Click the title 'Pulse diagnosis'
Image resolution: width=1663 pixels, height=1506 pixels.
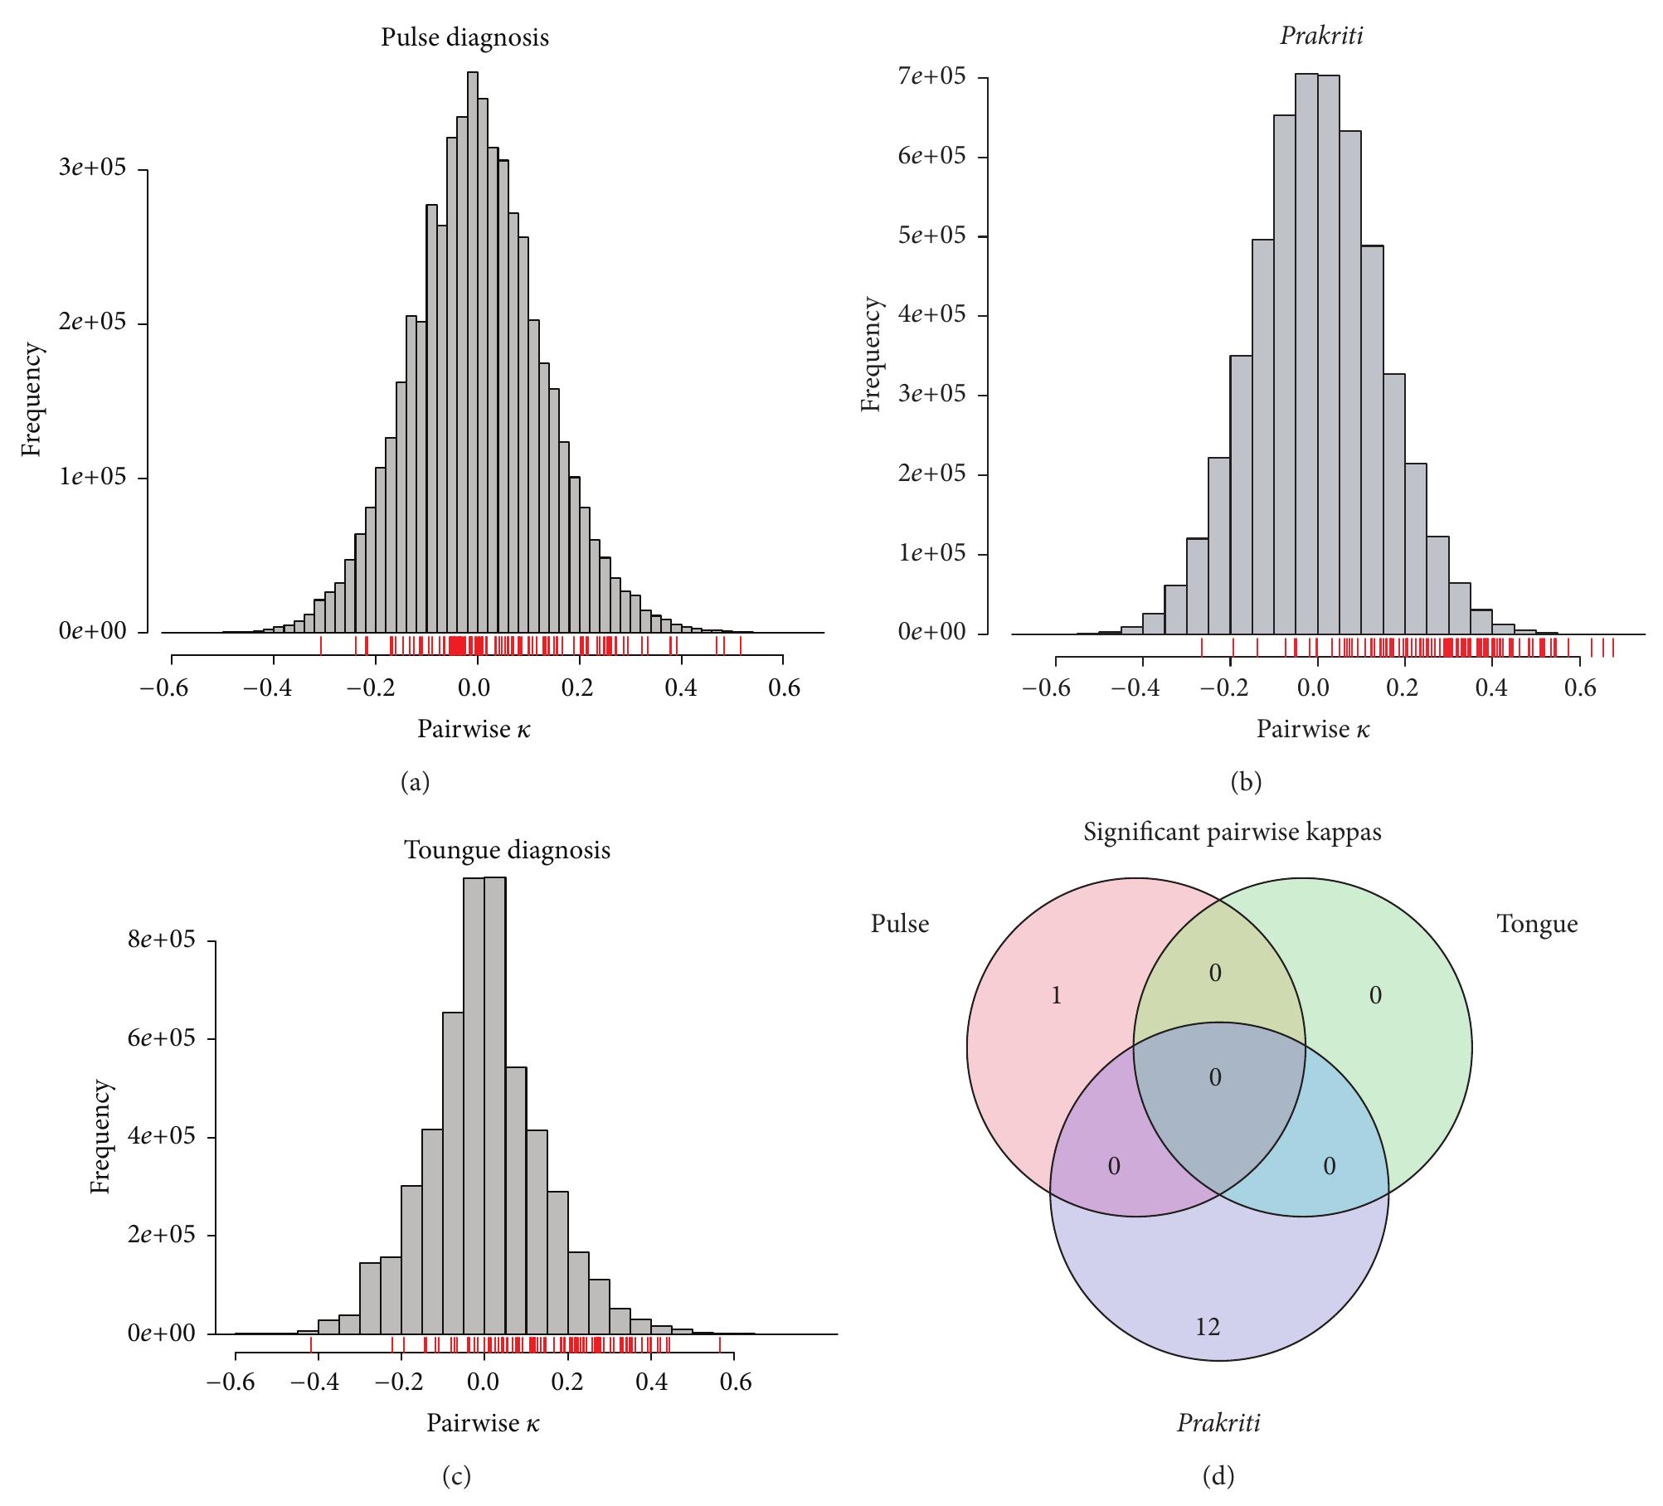coord(464,37)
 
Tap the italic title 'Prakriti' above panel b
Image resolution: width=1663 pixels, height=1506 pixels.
coord(1310,36)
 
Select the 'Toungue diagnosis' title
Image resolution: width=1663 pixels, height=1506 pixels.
coord(507,850)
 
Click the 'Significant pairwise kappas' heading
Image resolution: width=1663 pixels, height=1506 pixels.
coord(1233,832)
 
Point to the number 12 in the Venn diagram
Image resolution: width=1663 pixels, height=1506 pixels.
coord(1208,1328)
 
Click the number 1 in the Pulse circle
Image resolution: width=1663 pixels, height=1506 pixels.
coord(1056,996)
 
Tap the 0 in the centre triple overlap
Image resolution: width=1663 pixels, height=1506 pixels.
coord(1215,1078)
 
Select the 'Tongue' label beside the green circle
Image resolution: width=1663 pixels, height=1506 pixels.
coord(1537,924)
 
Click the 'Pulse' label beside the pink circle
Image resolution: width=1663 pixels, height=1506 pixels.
coord(899,924)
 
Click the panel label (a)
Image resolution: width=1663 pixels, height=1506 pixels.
coord(415,782)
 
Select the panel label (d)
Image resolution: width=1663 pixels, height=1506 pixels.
coord(1218,1476)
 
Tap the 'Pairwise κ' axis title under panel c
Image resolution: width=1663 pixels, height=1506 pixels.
coord(483,1424)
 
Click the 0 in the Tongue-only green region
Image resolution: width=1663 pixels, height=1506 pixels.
coord(1375,996)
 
